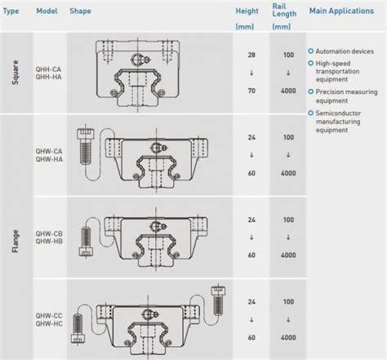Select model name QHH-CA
tap(48, 68)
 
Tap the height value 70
tap(251, 95)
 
